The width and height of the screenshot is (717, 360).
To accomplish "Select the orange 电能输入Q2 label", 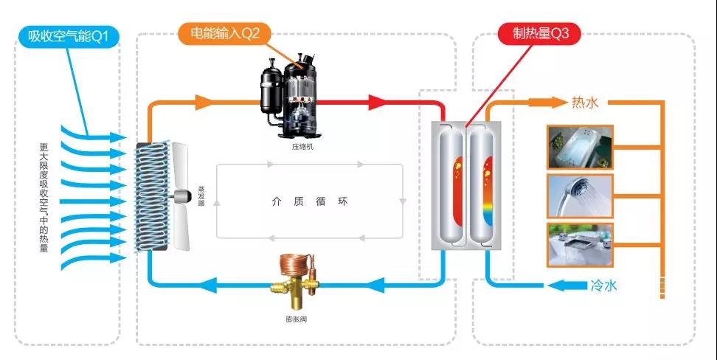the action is [224, 34].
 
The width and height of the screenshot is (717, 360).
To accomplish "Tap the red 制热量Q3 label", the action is [539, 34].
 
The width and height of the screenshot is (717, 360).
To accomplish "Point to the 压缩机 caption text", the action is [302, 148].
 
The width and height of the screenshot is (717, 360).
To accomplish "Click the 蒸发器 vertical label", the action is [201, 196].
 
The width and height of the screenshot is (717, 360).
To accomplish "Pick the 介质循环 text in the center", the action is [309, 201].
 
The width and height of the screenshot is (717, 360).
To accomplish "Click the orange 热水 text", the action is [585, 103].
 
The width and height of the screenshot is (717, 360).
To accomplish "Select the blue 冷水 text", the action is [603, 286].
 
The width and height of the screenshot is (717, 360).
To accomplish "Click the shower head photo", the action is [580, 195].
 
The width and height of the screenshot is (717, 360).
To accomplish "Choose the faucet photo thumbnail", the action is [580, 245].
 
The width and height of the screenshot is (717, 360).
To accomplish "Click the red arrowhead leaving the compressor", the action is [378, 103].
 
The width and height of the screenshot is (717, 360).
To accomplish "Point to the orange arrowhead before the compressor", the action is [204, 103].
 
